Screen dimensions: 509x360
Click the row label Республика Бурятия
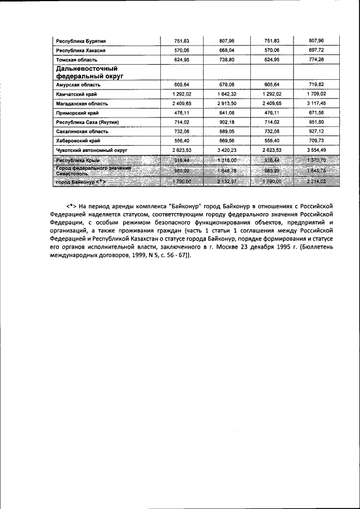80,40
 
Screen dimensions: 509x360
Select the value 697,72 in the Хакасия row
317,50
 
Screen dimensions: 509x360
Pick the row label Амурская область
78,84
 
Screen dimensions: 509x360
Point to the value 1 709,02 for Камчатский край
317,94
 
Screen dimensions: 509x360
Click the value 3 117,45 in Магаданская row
317,103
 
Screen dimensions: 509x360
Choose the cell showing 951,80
317,123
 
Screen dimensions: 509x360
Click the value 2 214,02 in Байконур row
317,182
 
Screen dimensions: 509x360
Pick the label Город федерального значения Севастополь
93,171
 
